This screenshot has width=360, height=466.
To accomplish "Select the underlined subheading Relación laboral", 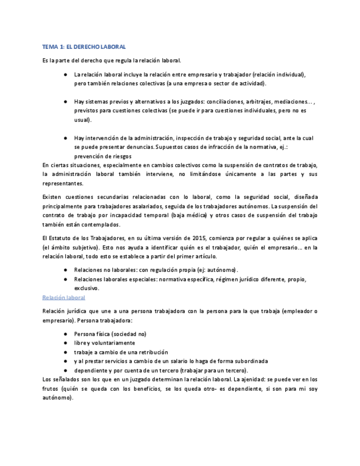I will [64, 297].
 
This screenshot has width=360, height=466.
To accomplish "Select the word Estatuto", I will [61, 238].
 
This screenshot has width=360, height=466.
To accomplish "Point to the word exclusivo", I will [86, 288].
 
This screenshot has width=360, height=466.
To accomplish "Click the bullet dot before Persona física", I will [65, 334].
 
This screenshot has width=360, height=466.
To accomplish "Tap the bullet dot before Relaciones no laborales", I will [65, 270].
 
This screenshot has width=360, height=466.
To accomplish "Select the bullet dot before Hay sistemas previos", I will [65, 102].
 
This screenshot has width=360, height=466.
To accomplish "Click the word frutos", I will [51, 389].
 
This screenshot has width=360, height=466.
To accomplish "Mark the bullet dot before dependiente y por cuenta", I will [65, 370].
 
